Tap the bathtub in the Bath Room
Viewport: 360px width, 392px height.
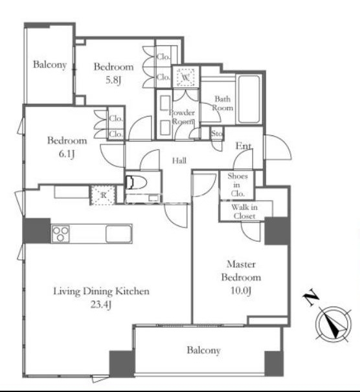coord(249,99)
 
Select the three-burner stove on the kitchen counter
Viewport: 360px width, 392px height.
coord(60,234)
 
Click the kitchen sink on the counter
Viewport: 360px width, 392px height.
coord(118,234)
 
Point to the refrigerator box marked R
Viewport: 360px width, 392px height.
coord(104,195)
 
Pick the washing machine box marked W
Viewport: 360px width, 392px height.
coord(185,77)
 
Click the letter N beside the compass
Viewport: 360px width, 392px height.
coord(311,297)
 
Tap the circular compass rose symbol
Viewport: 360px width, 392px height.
coord(333,325)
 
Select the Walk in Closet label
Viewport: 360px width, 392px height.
coord(244,211)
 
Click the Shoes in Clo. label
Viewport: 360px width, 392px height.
coord(238,185)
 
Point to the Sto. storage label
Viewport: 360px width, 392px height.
coord(217,133)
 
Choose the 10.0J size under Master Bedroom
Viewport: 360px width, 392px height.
coord(240,291)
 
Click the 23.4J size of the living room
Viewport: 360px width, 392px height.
coord(100,305)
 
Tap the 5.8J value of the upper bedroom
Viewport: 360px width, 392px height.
coord(113,80)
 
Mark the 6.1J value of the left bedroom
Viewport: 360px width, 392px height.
coord(67,154)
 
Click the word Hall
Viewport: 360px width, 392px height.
coord(179,161)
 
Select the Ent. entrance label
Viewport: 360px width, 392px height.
coord(243,146)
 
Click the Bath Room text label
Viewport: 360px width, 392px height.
coord(223,103)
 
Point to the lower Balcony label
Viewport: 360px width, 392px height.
coord(203,351)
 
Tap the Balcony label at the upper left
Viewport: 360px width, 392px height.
coord(50,65)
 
